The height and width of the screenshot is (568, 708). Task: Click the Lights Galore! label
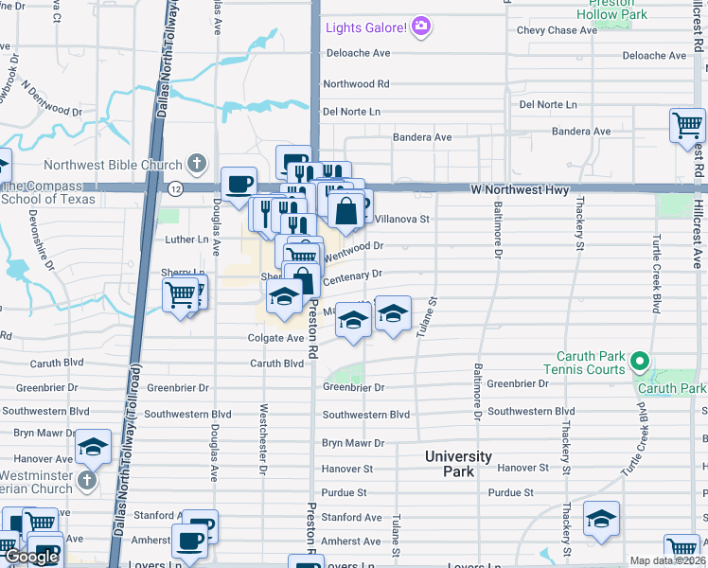pos(366,27)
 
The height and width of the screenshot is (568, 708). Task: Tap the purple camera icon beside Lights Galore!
pos(421,27)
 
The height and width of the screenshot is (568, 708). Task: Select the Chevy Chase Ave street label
pos(557,30)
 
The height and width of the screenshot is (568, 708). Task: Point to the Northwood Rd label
pos(356,84)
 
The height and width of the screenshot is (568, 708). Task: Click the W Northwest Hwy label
pos(520,190)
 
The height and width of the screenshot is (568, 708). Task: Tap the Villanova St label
pos(402,219)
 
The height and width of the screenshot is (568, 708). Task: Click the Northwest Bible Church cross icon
pos(198,164)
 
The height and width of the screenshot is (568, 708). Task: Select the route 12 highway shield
pos(175,189)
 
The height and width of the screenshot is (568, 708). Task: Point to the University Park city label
pos(458,463)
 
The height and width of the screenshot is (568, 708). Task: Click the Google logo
pos(31,557)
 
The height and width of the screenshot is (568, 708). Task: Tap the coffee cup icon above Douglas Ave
pos(239,183)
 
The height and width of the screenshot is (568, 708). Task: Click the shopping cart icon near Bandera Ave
pos(686,125)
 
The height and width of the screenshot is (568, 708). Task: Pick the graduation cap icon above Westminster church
pos(94,446)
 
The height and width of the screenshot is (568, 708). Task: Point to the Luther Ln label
pos(186,240)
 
